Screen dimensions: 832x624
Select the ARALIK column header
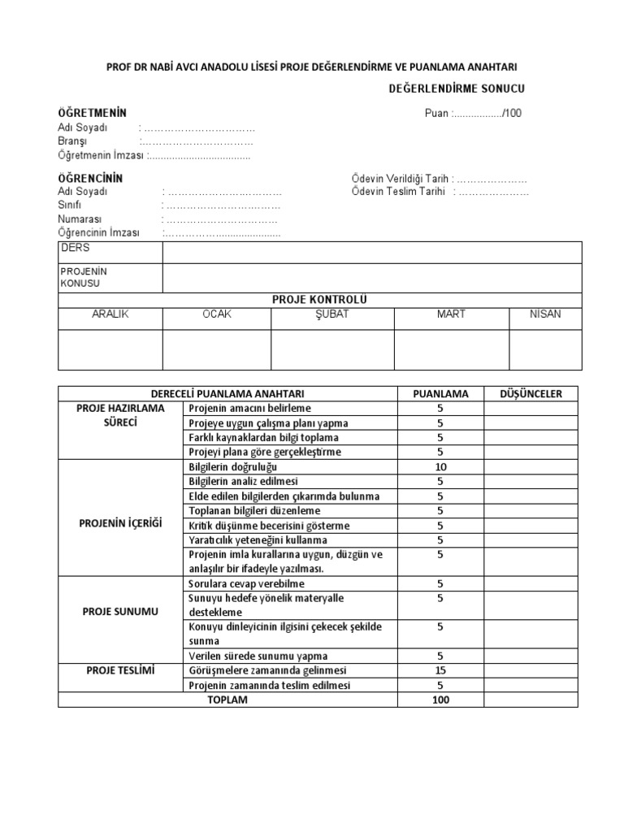(x=110, y=314)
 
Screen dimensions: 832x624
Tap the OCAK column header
(x=217, y=314)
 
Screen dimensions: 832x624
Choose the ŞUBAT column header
(x=331, y=314)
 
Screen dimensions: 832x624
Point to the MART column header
(x=451, y=314)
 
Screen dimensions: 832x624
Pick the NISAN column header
(x=544, y=314)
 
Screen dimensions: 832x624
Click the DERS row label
(x=75, y=249)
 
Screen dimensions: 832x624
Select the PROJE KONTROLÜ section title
(x=319, y=300)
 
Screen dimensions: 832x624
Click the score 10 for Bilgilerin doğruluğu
(x=440, y=467)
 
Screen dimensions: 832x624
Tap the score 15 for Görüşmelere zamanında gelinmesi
(x=440, y=670)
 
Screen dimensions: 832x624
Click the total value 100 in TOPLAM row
(x=440, y=700)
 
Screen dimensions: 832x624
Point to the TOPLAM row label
(x=227, y=700)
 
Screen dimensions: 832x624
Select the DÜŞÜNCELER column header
(x=531, y=394)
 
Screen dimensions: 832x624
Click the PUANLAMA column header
(x=440, y=394)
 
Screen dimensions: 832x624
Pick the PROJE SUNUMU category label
(x=120, y=611)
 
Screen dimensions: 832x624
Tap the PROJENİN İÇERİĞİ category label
(x=120, y=523)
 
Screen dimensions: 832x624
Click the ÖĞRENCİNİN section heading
(x=90, y=177)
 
